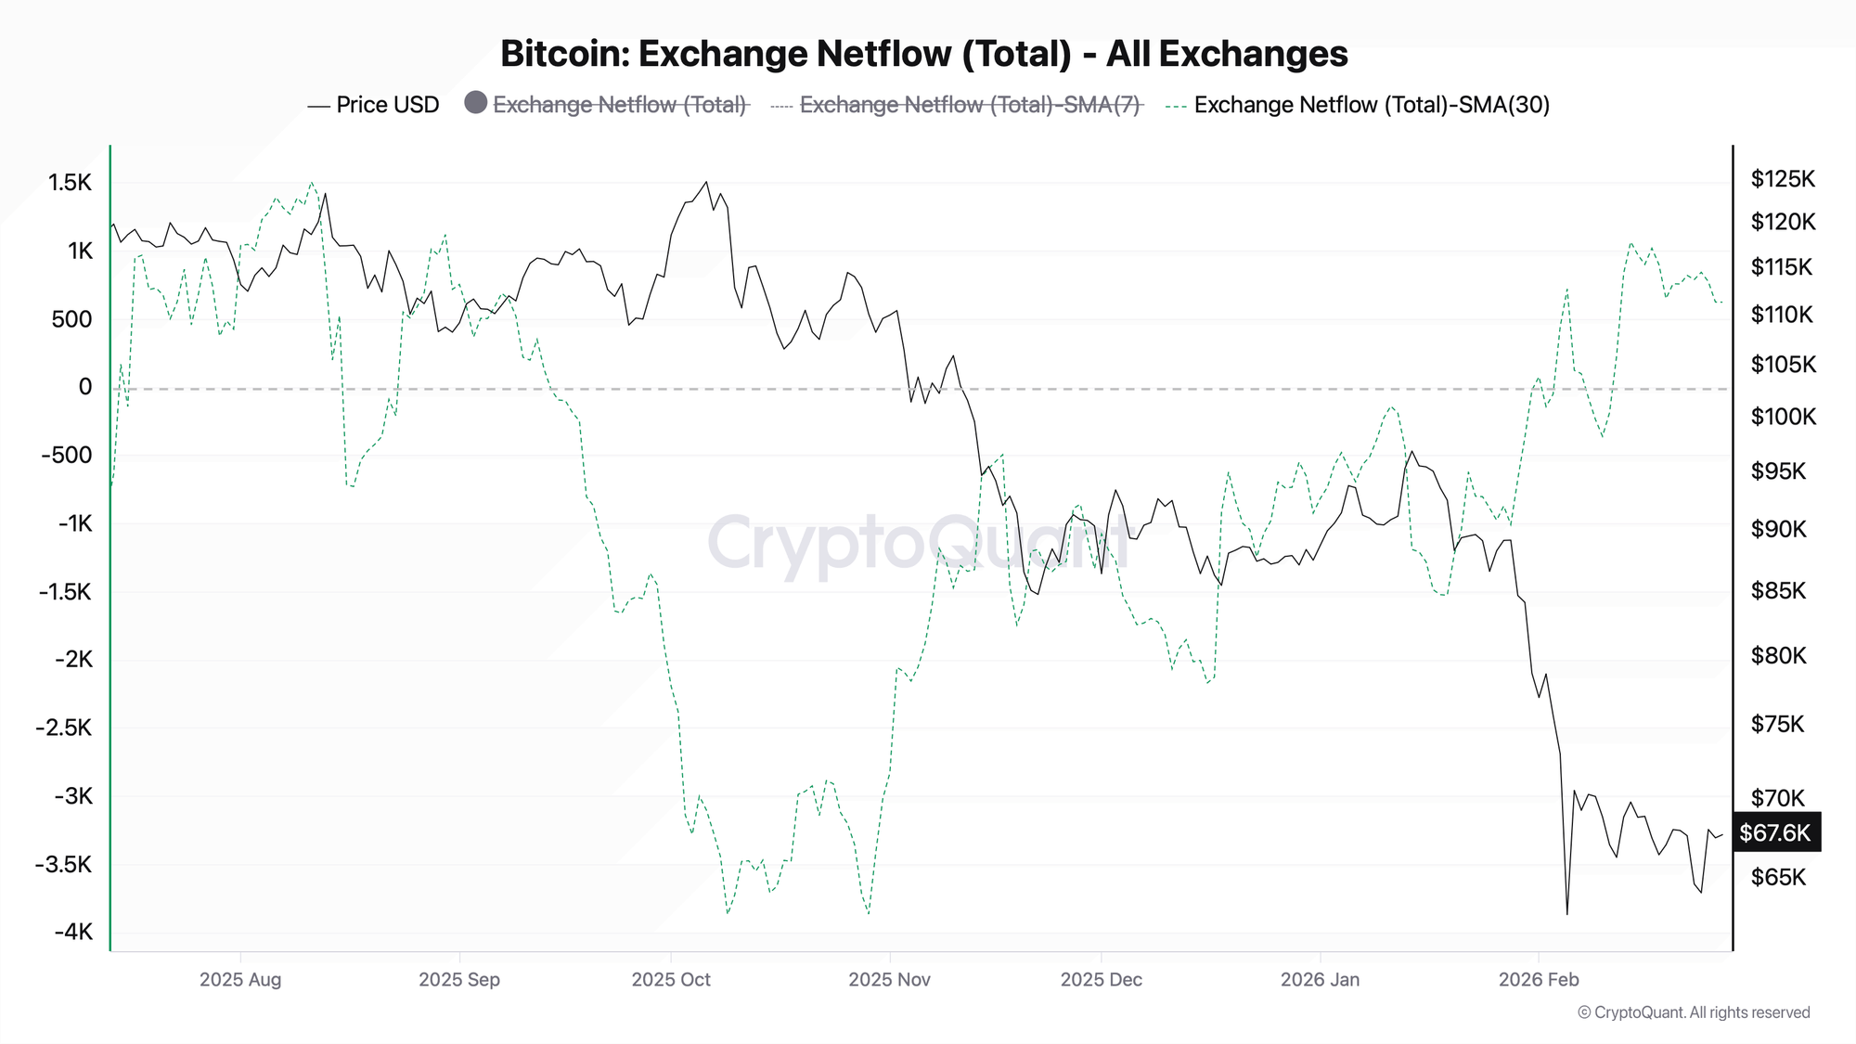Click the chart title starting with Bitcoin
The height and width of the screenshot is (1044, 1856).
(923, 54)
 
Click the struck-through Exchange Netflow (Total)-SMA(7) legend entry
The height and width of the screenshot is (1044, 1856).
(969, 105)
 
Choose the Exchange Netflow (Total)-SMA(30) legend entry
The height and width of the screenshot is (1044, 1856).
(1371, 105)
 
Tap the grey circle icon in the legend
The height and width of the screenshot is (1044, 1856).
(476, 103)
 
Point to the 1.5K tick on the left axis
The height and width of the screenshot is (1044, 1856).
(71, 183)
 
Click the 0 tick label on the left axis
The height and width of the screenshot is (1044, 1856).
(85, 387)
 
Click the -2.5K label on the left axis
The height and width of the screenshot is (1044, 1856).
(64, 728)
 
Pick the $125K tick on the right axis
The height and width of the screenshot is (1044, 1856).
(1782, 179)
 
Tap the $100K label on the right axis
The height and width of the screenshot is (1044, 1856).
(1783, 417)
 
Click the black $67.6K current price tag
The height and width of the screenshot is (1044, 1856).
(1774, 832)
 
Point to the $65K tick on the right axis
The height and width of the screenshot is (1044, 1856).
(1778, 877)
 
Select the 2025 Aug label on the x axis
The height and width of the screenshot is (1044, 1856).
(240, 979)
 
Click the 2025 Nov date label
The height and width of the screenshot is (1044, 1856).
(889, 979)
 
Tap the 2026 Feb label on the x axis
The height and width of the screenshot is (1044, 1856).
(1539, 979)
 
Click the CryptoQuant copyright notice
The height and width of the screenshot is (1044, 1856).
(1694, 1012)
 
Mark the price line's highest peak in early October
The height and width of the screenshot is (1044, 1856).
(706, 182)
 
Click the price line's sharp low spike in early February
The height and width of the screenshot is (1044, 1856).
(1567, 914)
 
